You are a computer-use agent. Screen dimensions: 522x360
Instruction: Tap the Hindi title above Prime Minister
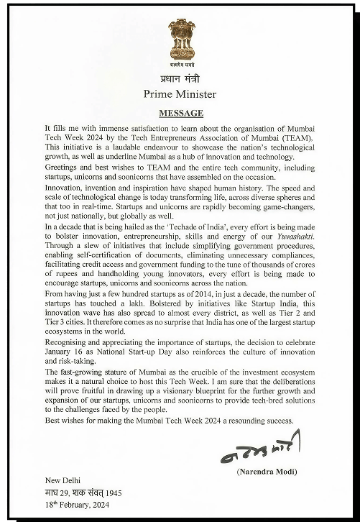(180, 78)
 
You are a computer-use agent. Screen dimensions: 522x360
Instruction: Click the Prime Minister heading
(180, 93)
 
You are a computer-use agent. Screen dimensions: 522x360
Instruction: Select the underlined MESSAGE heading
(180, 113)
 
